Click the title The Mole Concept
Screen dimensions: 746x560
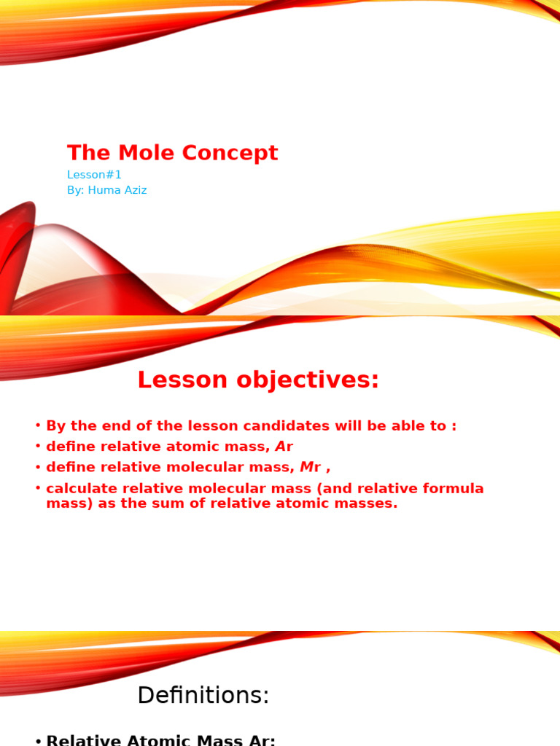172,153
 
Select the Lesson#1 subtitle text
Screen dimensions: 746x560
94,175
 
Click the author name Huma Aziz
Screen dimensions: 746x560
117,190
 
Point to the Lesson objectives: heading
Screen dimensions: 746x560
258,380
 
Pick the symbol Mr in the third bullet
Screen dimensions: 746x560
310,467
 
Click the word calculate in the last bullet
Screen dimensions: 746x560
77,488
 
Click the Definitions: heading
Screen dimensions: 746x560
203,696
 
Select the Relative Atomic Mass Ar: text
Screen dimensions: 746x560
160,739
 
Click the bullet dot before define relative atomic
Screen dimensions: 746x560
38,447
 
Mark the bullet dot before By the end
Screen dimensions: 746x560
38,426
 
